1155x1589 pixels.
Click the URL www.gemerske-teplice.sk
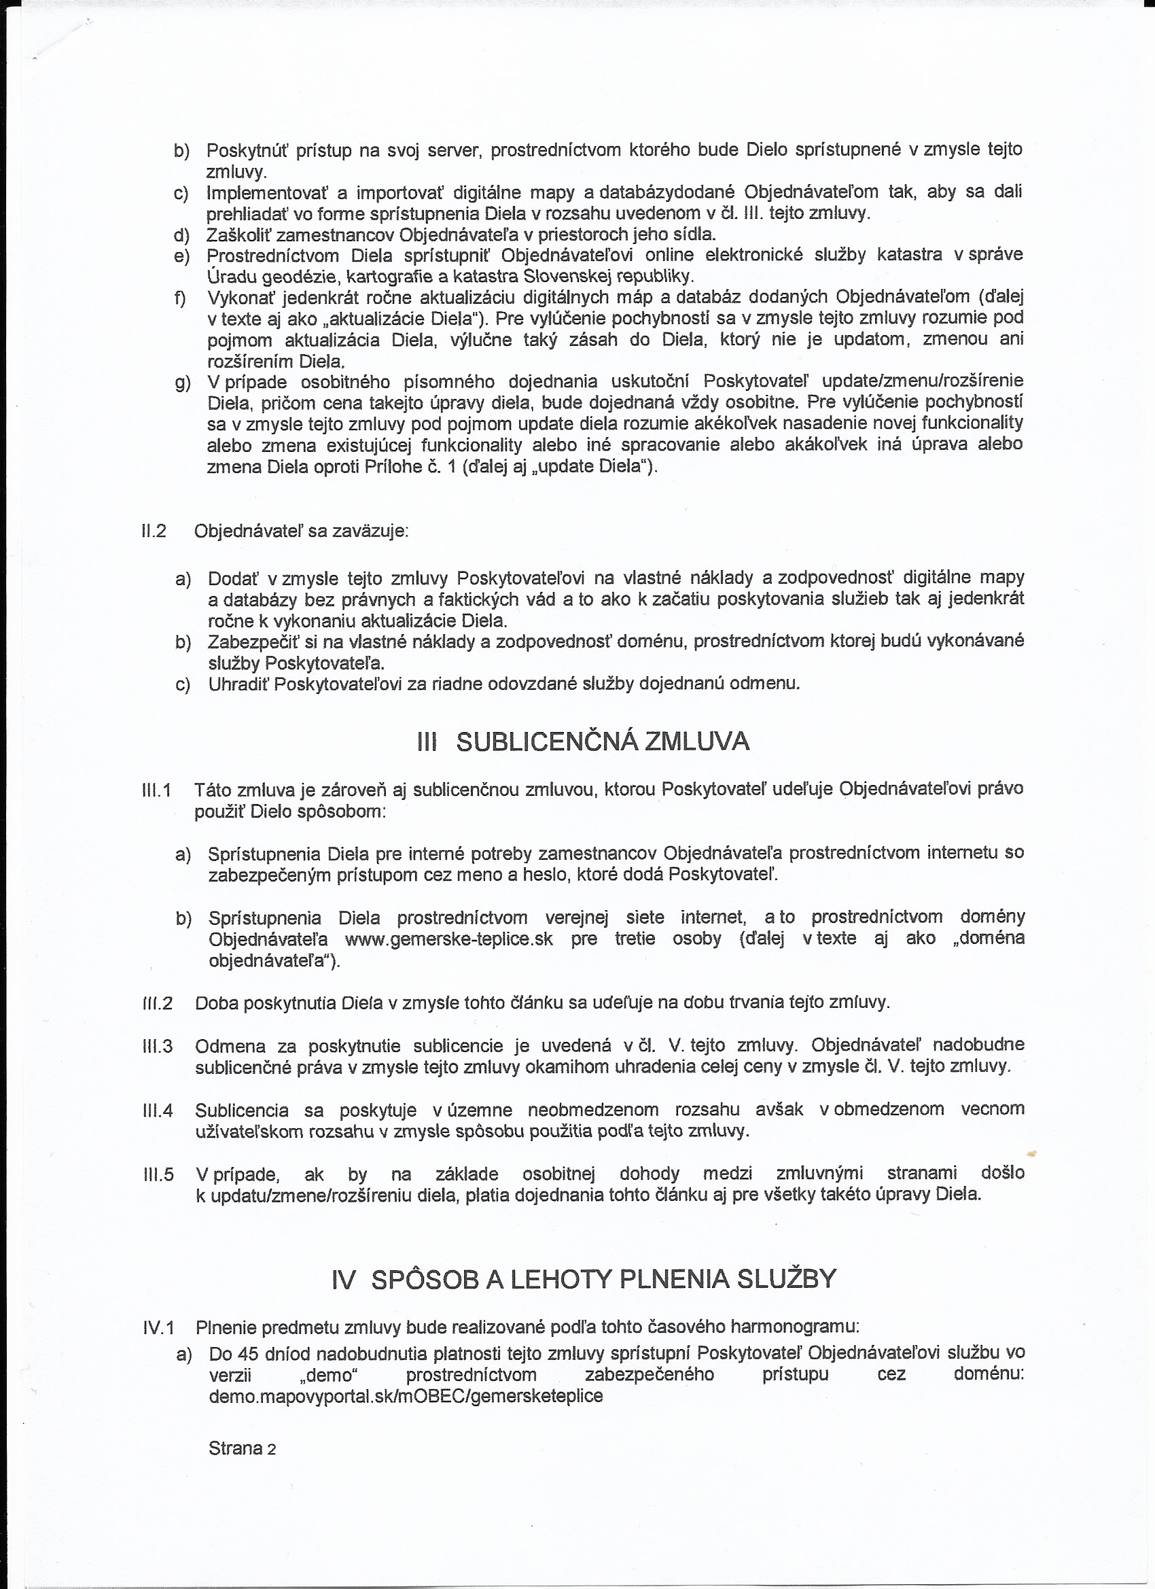(449, 939)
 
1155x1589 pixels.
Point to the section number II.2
(154, 531)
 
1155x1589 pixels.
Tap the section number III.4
(158, 1111)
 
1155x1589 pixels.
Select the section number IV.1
(158, 1327)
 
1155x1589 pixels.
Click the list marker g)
(182, 383)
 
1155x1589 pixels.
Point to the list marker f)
(181, 298)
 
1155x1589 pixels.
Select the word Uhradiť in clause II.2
(239, 684)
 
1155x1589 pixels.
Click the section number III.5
(158, 1174)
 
